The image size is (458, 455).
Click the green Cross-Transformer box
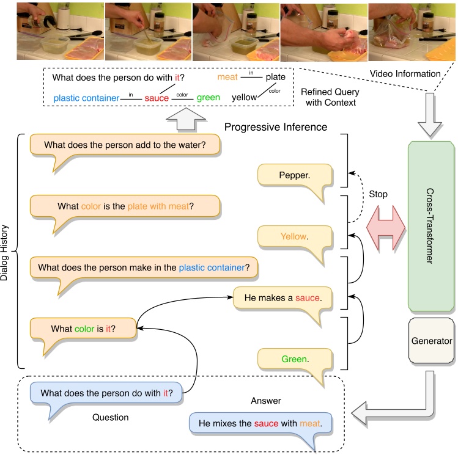pos(431,226)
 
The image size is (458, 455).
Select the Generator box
pos(432,341)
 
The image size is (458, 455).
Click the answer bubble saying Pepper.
pos(294,175)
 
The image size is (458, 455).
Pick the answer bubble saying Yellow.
pos(294,236)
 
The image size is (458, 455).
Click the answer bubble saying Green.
pos(294,359)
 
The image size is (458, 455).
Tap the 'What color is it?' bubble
pos(83,329)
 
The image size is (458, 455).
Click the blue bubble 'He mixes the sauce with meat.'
pos(259,423)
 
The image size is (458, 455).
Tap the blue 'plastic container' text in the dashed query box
pos(85,98)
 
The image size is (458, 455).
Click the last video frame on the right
pos(412,31)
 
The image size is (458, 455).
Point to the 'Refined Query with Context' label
pos(330,96)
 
